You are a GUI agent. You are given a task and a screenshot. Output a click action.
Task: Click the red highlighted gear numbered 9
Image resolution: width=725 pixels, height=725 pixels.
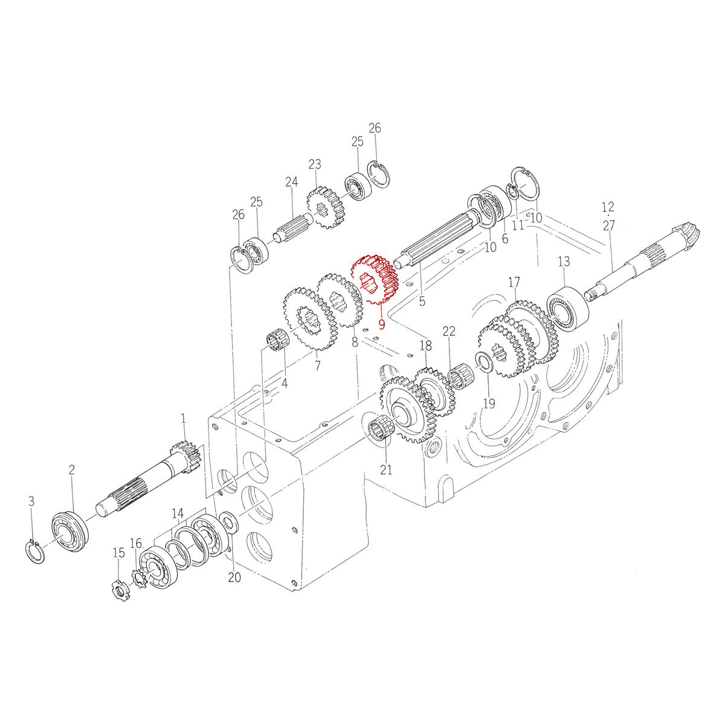[x=375, y=279]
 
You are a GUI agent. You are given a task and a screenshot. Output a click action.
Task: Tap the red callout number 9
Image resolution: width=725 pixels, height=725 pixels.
[x=382, y=324]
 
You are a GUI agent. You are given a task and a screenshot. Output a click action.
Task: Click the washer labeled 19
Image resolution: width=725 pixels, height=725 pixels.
[x=484, y=361]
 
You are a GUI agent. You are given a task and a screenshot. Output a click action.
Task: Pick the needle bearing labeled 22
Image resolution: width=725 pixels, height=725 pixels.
[x=460, y=375]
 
